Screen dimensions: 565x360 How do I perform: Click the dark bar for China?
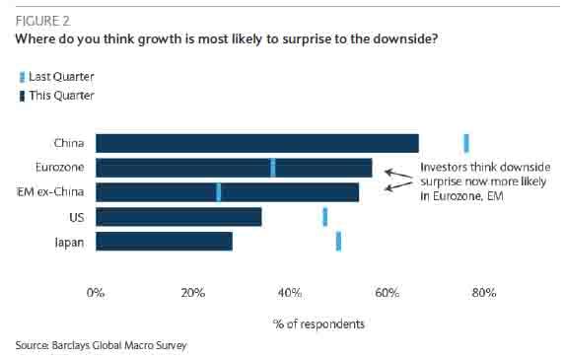pyautogui.click(x=257, y=143)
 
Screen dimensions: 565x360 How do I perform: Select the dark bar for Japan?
pyautogui.click(x=164, y=242)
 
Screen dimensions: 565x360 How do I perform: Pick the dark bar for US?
pyautogui.click(x=178, y=217)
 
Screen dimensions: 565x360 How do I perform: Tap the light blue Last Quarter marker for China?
pyautogui.click(x=466, y=143)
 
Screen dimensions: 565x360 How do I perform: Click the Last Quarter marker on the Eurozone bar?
pyautogui.click(x=273, y=168)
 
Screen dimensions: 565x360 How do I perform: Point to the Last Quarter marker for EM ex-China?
pyautogui.click(x=218, y=192)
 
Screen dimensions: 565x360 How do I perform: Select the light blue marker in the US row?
pyautogui.click(x=325, y=217)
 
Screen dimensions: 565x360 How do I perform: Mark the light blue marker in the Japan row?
pyautogui.click(x=338, y=242)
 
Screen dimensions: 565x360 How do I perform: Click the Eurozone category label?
pyautogui.click(x=60, y=168)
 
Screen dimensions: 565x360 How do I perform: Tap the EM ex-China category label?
pyautogui.click(x=50, y=191)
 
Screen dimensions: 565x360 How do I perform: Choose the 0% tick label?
pyautogui.click(x=96, y=293)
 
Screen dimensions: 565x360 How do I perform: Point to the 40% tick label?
pyautogui.click(x=290, y=293)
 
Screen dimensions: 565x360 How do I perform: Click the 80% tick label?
pyautogui.click(x=484, y=293)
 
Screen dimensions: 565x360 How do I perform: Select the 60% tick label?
pyautogui.click(x=387, y=293)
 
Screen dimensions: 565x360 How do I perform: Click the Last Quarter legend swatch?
pyautogui.click(x=22, y=77)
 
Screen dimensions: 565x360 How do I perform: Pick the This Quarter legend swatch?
pyautogui.click(x=22, y=97)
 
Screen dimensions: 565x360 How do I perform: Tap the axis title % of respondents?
pyautogui.click(x=318, y=324)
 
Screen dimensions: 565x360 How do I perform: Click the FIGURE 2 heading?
pyautogui.click(x=42, y=21)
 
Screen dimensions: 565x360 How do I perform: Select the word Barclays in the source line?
pyautogui.click(x=71, y=345)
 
